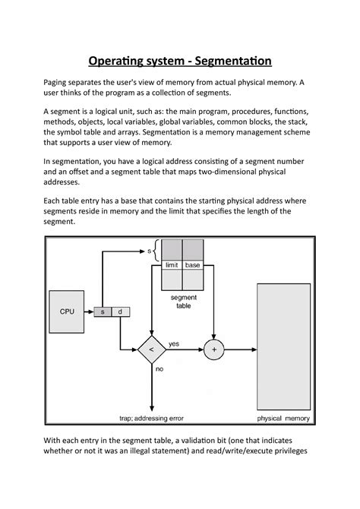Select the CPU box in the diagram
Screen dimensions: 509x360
click(x=67, y=311)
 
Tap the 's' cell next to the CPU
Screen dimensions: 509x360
click(x=103, y=311)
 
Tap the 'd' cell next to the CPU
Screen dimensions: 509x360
click(x=120, y=311)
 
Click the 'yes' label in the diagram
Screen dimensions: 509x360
click(x=174, y=343)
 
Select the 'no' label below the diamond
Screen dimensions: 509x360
click(x=159, y=369)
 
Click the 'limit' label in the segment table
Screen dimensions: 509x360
click(x=172, y=265)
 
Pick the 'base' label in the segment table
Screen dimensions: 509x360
click(x=193, y=265)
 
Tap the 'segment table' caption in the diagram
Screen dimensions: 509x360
click(x=182, y=301)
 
